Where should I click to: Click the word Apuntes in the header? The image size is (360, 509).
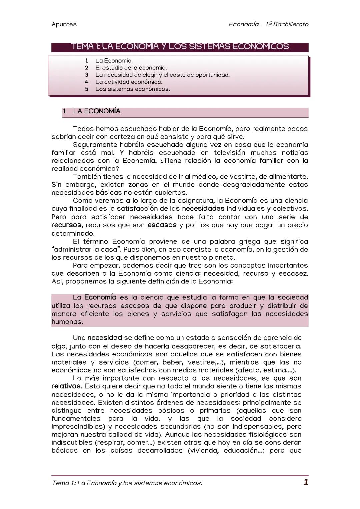click(64, 24)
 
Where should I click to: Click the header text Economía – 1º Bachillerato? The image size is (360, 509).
click(268, 24)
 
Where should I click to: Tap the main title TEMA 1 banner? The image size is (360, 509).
click(180, 46)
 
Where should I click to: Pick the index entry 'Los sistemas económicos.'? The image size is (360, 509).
click(133, 89)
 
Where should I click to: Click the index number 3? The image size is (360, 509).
click(87, 75)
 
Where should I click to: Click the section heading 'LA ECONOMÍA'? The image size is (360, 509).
click(97, 111)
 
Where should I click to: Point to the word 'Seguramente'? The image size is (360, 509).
click(94, 145)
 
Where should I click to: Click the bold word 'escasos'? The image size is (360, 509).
click(162, 225)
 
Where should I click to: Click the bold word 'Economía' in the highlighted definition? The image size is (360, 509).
click(100, 297)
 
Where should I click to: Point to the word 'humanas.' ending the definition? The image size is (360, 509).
click(67, 322)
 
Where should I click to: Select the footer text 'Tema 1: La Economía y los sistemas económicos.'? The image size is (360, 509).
click(127, 483)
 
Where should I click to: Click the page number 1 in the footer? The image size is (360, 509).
click(306, 482)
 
